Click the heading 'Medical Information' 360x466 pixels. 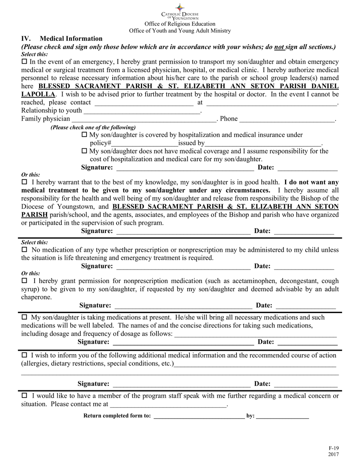tap(71, 38)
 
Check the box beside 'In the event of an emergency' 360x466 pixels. tap(24, 62)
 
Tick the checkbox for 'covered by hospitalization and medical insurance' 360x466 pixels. tap(85, 135)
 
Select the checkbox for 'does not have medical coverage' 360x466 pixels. tap(85, 151)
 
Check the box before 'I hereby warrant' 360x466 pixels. tap(24, 182)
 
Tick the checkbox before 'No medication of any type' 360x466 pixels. tap(24, 250)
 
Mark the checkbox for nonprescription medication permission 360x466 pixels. tap(24, 280)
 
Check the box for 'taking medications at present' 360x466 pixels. tap(24, 317)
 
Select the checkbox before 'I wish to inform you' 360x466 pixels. tap(24, 355)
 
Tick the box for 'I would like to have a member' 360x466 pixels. tap(24, 396)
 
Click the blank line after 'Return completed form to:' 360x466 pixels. tap(199, 416)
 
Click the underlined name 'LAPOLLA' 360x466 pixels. tap(38, 94)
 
